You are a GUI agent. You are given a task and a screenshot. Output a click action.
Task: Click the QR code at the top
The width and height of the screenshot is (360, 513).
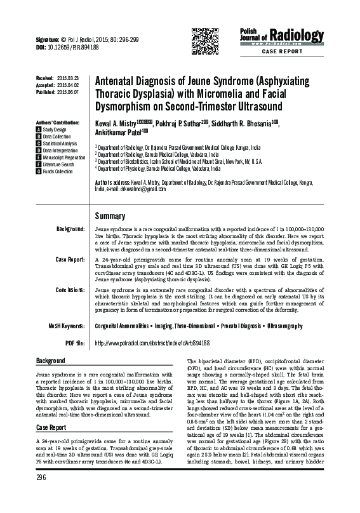click(201, 40)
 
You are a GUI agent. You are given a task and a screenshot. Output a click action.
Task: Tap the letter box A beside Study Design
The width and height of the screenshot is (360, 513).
click(38, 129)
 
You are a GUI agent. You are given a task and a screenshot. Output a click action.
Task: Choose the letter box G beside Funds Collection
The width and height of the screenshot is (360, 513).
click(38, 171)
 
